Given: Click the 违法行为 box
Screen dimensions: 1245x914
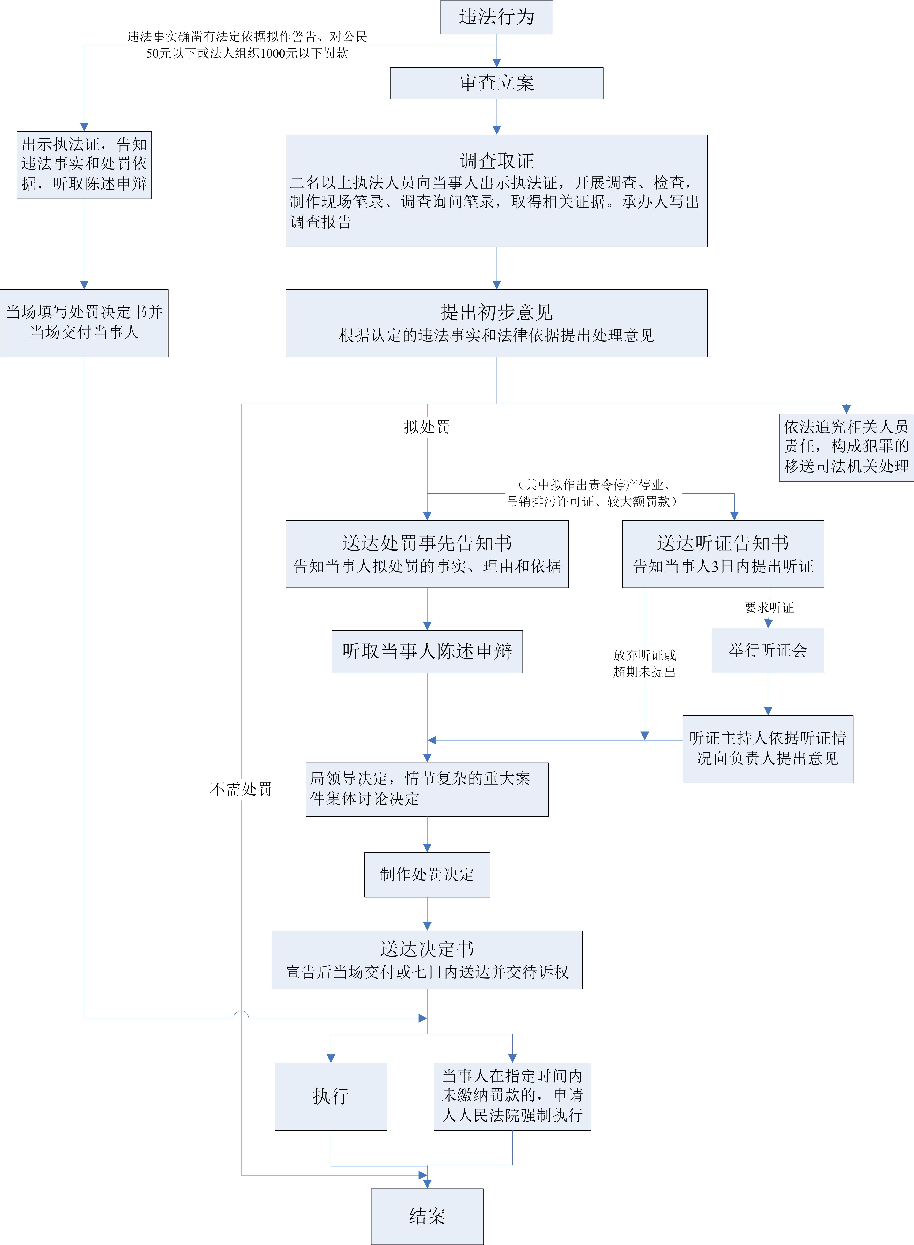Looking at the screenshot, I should (496, 17).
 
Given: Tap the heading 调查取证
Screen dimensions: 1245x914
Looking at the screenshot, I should (496, 161).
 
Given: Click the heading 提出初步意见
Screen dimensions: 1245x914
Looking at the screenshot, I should (496, 312).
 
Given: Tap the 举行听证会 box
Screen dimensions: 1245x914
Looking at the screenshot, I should (767, 650).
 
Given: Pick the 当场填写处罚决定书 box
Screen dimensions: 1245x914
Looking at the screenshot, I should (84, 323).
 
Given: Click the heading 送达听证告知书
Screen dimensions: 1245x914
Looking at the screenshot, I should (723, 543).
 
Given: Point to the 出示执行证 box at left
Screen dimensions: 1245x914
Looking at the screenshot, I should (84, 164).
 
